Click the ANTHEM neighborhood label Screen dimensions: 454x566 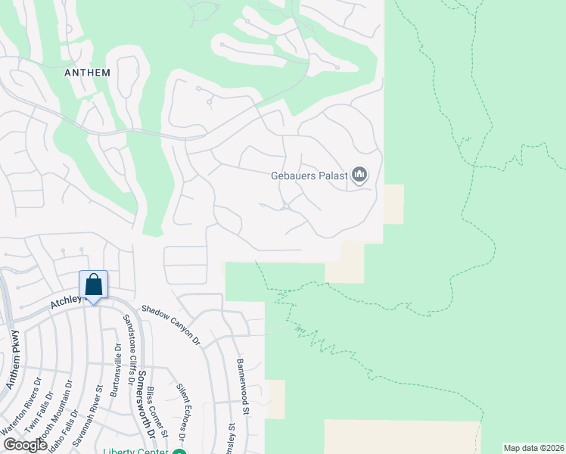click(88, 73)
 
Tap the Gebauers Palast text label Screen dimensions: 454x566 click(309, 176)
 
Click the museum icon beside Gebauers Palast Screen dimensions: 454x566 click(359, 176)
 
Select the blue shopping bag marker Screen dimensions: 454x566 click(94, 286)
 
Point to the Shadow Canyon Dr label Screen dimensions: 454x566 click(172, 326)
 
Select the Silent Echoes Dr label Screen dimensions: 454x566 click(182, 412)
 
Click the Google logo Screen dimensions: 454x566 click(26, 444)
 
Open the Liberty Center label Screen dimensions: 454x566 click(137, 451)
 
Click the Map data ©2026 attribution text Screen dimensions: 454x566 click(534, 448)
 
